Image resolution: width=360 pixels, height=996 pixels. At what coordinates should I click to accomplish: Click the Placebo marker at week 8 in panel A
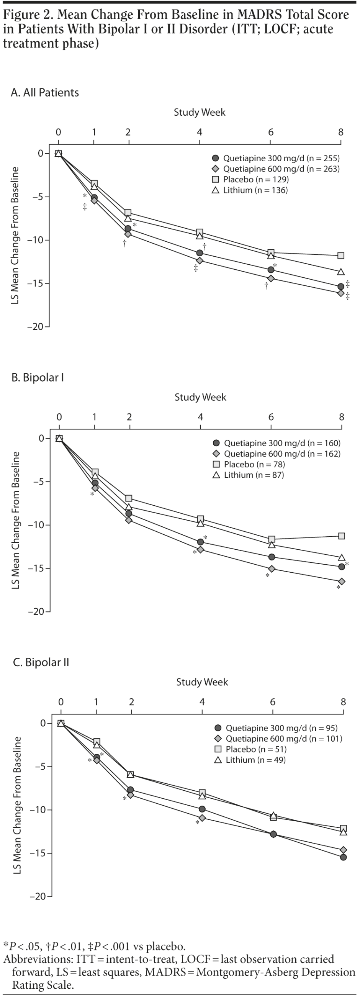tap(341, 256)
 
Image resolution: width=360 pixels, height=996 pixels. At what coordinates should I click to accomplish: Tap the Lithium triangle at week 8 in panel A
tap(341, 272)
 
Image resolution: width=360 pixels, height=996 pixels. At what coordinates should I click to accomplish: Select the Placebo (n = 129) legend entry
tap(250, 179)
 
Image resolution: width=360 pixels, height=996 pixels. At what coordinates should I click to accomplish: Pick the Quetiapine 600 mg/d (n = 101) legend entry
tap(278, 739)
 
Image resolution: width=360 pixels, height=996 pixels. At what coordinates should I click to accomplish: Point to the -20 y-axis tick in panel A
tap(35, 326)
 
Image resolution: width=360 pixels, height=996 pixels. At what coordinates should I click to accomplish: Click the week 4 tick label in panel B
tap(200, 417)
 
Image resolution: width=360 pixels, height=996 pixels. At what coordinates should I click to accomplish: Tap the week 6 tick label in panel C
tap(273, 702)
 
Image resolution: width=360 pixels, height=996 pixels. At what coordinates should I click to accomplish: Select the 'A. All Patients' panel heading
tap(45, 92)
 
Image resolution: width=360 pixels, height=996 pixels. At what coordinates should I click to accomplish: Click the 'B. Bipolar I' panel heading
tap(38, 377)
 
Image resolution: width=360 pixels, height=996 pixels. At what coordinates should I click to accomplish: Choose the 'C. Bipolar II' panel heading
tap(41, 662)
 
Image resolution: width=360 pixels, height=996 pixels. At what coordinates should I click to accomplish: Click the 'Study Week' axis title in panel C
tap(202, 682)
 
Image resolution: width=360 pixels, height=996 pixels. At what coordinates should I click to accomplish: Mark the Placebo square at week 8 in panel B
tap(342, 536)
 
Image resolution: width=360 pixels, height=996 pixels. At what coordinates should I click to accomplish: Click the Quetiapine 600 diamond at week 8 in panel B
tap(342, 582)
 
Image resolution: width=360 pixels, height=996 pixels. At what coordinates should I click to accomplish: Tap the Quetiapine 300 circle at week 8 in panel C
tap(344, 857)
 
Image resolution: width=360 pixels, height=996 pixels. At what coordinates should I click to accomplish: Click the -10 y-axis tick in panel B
tap(36, 525)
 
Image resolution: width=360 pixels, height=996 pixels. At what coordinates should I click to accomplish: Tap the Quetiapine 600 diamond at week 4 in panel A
tap(200, 260)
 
